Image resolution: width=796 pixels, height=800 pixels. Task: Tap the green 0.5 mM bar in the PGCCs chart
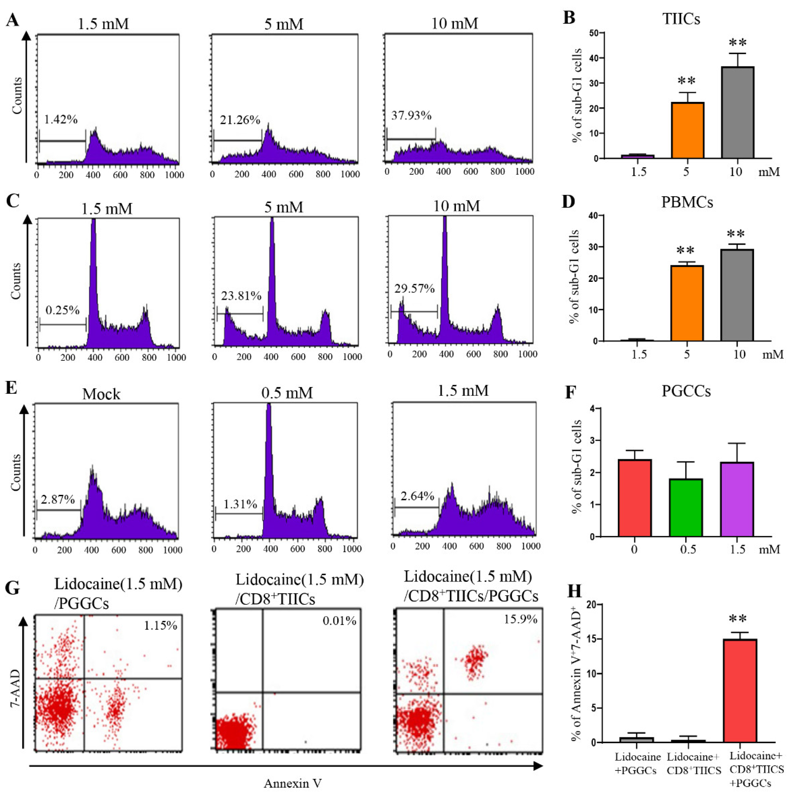coord(686,508)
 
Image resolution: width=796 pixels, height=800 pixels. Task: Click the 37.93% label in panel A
coord(411,116)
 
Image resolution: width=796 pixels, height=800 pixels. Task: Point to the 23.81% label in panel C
coord(241,296)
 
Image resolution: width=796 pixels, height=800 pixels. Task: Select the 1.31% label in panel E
coord(240,504)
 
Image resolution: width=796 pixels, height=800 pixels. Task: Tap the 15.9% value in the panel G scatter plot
coord(520,619)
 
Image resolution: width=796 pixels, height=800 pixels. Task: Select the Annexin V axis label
coord(292,783)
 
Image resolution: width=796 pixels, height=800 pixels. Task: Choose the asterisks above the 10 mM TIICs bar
coord(738,43)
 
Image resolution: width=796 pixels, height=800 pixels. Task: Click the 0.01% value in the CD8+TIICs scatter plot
coord(339,621)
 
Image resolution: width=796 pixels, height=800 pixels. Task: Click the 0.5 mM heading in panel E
coord(287,392)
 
